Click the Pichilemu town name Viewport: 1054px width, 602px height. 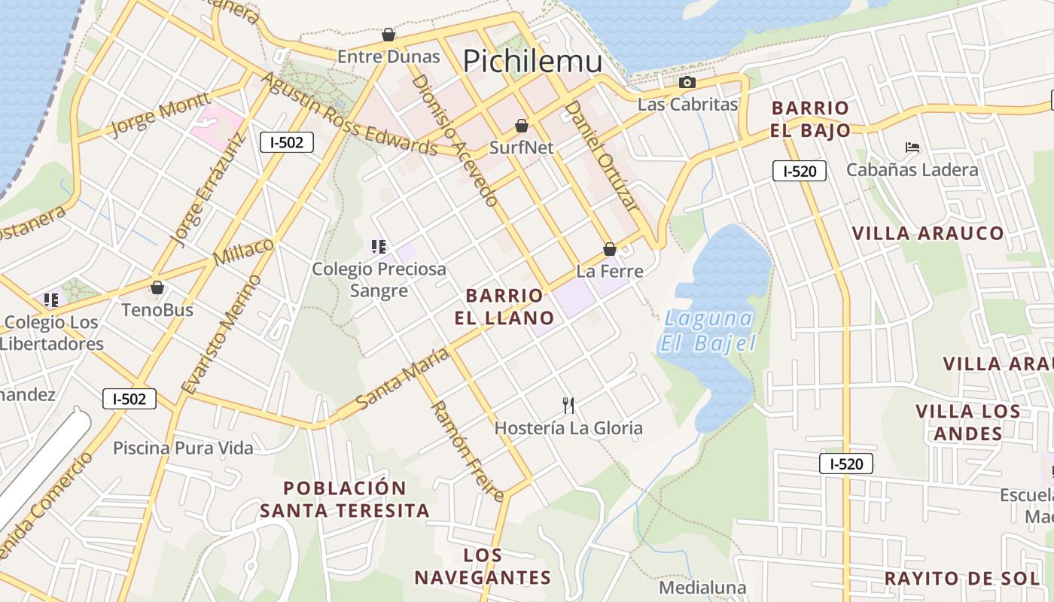coord(532,61)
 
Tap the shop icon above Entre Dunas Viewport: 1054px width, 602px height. coord(388,35)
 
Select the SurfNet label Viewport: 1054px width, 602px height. coord(521,147)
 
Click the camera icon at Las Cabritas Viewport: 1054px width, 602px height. coord(687,83)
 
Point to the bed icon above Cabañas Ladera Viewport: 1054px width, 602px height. coord(912,147)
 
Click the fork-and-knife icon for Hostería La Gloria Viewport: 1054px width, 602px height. coord(568,406)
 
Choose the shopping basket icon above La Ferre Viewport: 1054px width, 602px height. coord(610,249)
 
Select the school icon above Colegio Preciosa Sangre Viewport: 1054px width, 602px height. coord(379,246)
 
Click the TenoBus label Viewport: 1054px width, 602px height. coord(157,310)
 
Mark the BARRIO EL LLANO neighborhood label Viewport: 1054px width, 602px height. coord(504,306)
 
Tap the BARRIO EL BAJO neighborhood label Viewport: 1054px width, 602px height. coord(810,119)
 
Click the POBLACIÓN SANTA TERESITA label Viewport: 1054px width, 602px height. coord(345,499)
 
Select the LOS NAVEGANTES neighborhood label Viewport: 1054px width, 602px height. coord(483,567)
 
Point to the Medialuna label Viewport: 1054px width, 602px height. coord(702,588)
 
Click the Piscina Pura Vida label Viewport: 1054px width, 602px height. coord(183,448)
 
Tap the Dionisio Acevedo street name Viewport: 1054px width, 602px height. coord(455,140)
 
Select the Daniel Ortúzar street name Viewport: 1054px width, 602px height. coord(602,155)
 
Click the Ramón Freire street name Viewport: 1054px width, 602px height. coord(466,451)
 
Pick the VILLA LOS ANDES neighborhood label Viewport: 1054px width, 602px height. coord(968,422)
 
